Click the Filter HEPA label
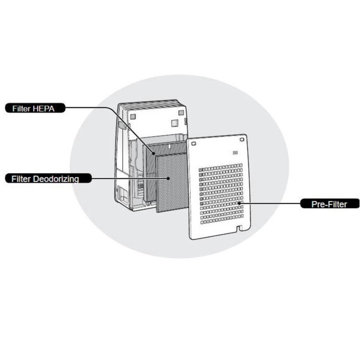coord(35,108)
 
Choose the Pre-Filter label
coord(330,204)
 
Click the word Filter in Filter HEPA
coord(21,108)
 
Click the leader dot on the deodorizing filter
coord(168,178)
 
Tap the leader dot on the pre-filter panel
coord(240,203)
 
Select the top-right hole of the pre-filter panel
coord(241,140)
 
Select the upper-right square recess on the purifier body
coord(181,113)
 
